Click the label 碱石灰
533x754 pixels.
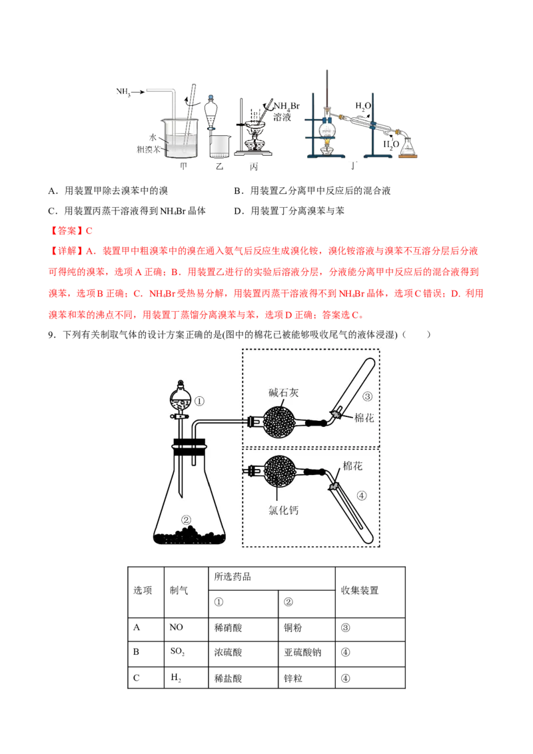[x=284, y=393]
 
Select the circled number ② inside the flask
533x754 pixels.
[x=187, y=520]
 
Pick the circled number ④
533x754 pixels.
[x=362, y=496]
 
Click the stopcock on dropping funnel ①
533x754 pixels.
[x=180, y=417]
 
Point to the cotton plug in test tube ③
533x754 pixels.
[x=337, y=414]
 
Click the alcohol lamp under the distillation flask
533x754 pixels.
[x=326, y=149]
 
